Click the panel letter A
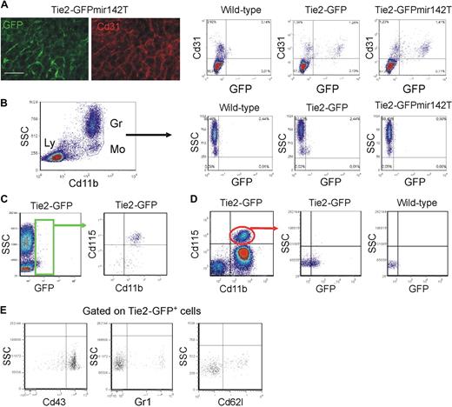coord(6,7)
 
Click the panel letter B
coord(6,103)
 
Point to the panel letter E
coord(6,310)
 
